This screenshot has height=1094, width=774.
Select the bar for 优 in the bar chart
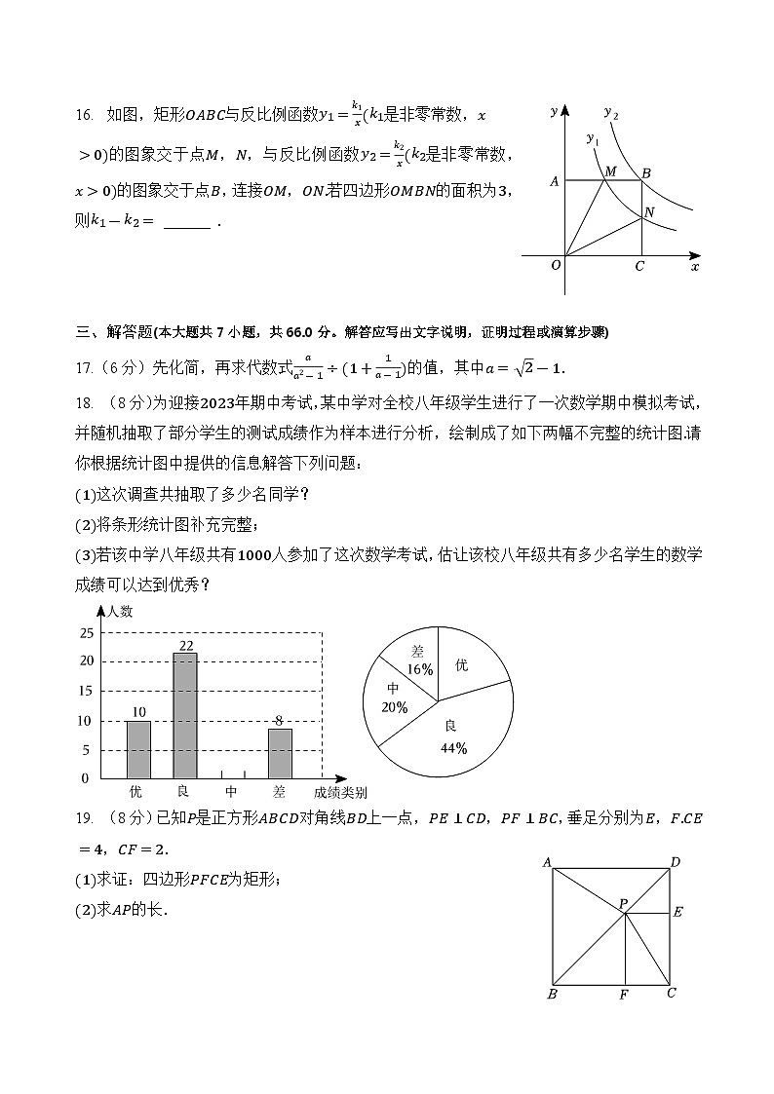138,749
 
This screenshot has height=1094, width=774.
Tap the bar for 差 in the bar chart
280,753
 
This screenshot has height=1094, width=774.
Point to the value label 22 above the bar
185,646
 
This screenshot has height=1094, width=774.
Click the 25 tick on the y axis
85,633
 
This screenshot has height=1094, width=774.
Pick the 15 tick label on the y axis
85,691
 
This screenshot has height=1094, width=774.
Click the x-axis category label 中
232,792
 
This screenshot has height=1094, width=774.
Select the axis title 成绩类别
340,792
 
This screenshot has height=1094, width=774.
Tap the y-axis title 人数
120,612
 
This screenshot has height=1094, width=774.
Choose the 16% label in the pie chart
420,669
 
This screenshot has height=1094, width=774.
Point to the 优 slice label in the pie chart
461,664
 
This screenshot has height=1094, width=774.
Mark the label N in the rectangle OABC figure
649,211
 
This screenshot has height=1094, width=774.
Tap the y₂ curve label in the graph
611,113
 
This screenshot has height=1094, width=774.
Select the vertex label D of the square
675,861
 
